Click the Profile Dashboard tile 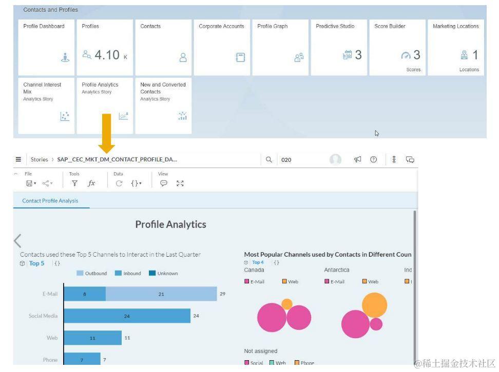47,47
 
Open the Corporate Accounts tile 222,47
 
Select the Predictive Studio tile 339,47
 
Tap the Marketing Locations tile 456,47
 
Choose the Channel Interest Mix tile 47,106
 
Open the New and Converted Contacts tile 163,106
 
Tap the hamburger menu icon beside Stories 18,160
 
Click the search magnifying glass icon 269,160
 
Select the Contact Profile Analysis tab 50,201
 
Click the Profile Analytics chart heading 170,224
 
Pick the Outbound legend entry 92,273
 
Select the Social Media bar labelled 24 127,316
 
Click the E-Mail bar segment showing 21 161,294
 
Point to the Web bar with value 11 93,338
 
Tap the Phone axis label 50,360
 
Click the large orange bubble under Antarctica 374,305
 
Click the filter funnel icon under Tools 74,183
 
